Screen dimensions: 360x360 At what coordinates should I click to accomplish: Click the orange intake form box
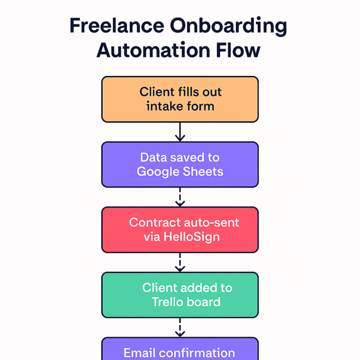tap(180, 99)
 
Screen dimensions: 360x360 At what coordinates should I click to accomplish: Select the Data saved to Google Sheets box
tap(180, 164)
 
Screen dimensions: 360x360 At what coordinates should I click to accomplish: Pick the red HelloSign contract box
tap(180, 229)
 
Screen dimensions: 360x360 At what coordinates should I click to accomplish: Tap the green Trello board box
tap(180, 294)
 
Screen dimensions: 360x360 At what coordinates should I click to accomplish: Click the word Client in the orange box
tap(157, 91)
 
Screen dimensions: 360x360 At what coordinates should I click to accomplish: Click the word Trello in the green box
tap(168, 302)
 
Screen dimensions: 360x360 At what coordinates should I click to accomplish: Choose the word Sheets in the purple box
tap(204, 172)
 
